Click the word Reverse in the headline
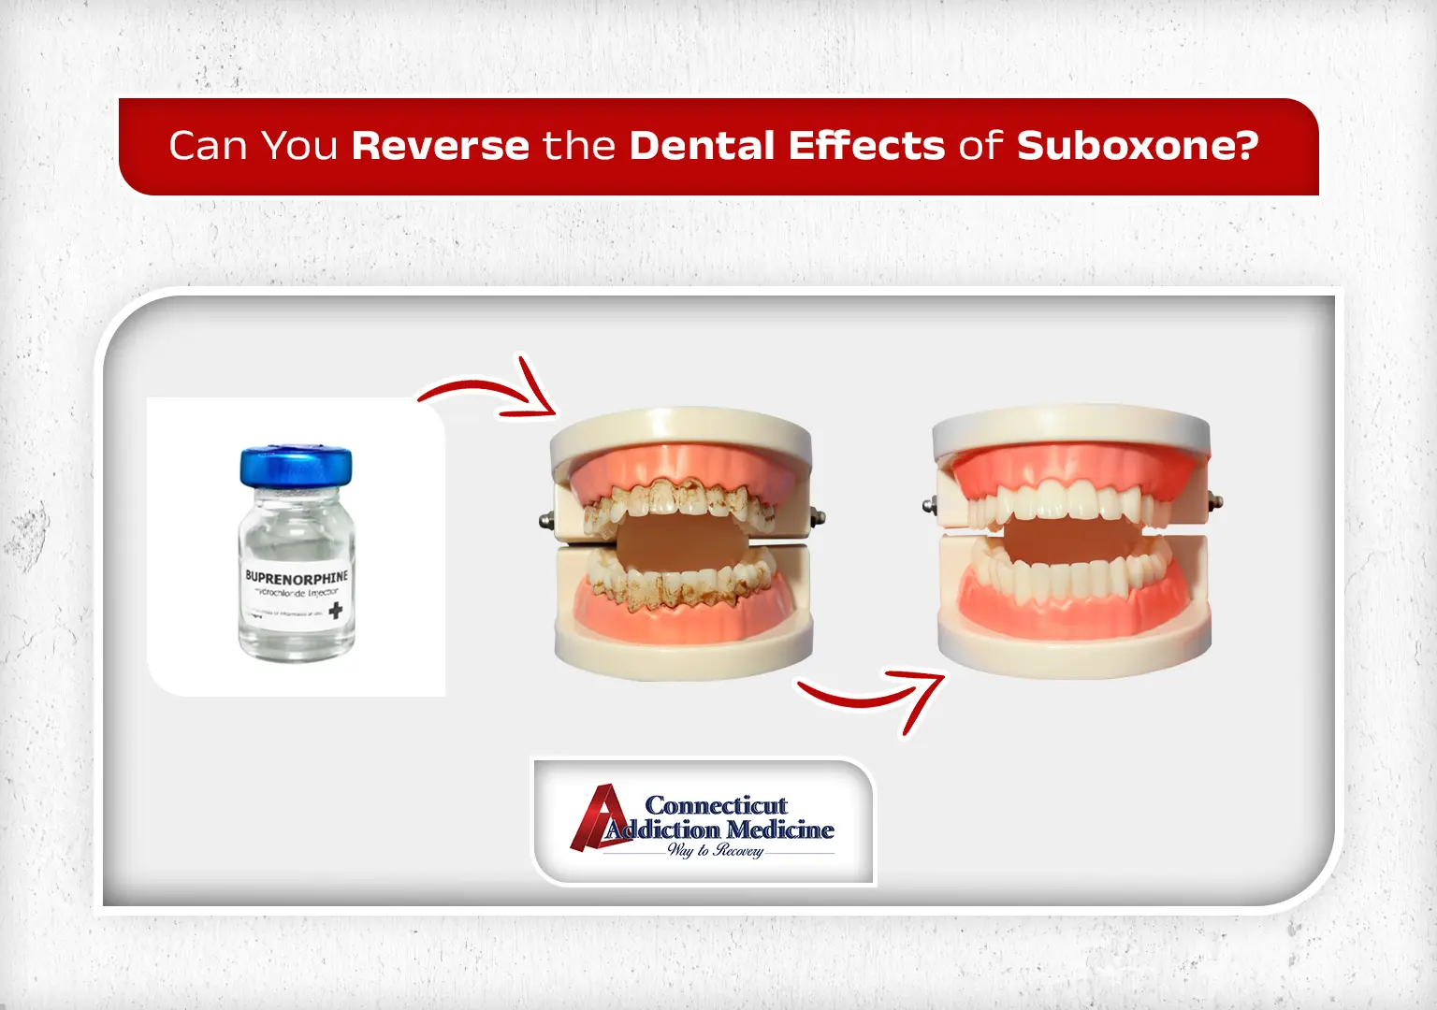point(441,146)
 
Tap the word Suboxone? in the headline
point(1138,146)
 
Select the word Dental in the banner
point(702,146)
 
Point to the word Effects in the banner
point(866,146)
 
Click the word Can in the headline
point(207,146)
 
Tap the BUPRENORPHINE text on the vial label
point(296,577)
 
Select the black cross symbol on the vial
point(335,611)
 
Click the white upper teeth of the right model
point(1071,500)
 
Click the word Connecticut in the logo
point(716,805)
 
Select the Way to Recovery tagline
point(716,850)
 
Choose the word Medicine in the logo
point(779,830)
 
